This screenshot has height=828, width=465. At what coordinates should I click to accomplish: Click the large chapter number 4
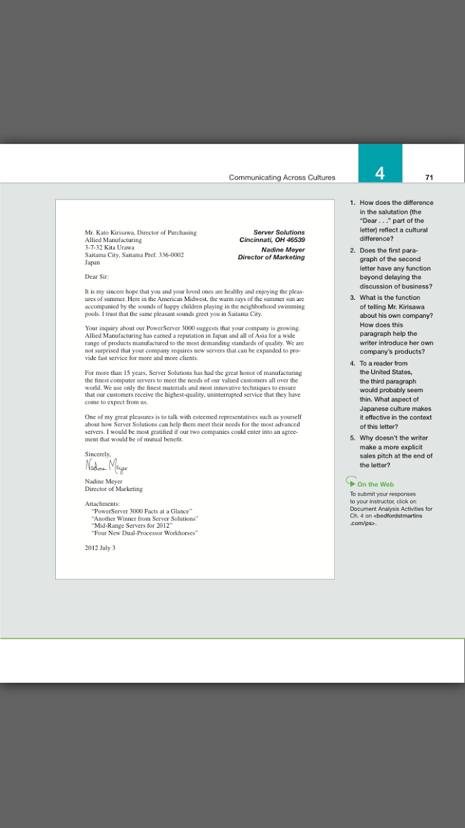coord(380,173)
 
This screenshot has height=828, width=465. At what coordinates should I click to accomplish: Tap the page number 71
coord(429,177)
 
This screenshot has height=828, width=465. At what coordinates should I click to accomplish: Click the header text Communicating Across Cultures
coord(282,178)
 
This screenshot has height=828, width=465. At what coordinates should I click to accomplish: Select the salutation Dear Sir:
coord(97,277)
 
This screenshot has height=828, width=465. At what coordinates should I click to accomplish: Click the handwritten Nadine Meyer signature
coord(106,465)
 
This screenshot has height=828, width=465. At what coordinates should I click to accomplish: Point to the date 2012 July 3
coord(100,548)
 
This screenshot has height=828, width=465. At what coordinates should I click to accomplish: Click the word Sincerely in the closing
coord(97,454)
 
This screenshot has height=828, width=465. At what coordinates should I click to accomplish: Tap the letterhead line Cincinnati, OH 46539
coord(272,239)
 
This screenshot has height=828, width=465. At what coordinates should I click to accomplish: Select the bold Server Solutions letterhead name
coord(279,232)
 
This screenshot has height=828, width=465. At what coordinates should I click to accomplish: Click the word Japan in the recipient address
coord(92,263)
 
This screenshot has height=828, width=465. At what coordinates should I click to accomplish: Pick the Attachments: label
coord(103,504)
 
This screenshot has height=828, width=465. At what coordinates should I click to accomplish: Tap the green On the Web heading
coord(375,485)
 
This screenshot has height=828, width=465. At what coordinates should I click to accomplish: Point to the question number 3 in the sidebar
coord(352,298)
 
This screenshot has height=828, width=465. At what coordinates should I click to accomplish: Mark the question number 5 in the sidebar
coord(352,438)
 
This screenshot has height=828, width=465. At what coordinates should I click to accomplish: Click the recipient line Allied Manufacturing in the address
coord(113,239)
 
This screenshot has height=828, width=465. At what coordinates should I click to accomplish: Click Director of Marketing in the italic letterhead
coord(271,257)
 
